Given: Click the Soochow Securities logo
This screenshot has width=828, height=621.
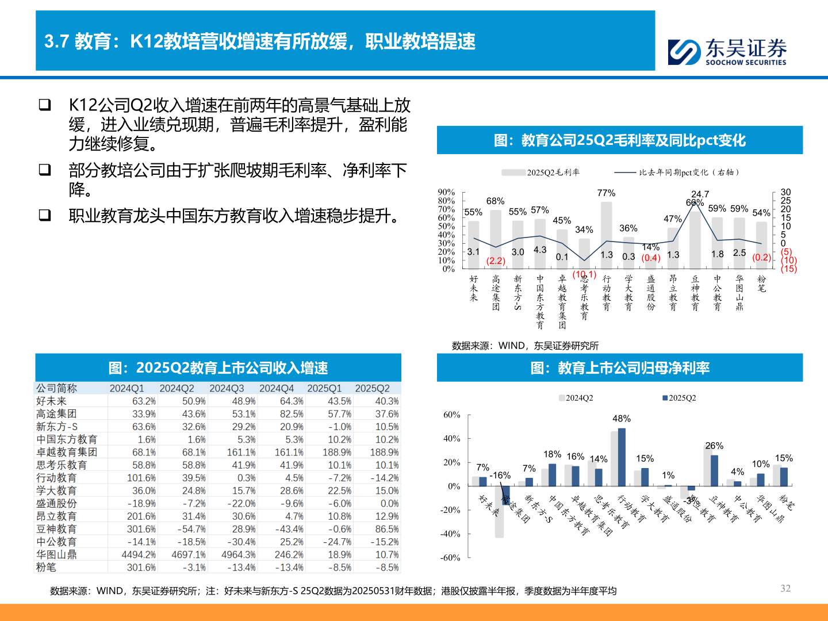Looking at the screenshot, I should tap(727, 51).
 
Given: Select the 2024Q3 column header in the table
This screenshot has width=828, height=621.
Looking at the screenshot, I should tap(227, 389).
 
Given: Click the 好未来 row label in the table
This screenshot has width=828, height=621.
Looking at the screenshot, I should tap(52, 401).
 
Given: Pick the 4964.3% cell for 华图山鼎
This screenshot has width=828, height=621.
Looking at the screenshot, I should tap(238, 555).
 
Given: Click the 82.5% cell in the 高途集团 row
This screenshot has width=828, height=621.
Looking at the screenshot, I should tap(292, 414).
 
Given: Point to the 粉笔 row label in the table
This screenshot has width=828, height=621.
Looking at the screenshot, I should tap(46, 568).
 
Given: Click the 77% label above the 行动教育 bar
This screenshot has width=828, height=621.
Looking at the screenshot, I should tap(606, 193).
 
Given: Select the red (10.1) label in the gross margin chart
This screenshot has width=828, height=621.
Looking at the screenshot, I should tap(584, 274).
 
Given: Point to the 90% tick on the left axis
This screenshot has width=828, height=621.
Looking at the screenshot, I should tap(446, 192).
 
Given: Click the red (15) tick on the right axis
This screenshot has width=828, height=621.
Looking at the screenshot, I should tap(789, 269).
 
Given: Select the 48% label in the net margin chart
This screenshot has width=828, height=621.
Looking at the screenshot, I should tap(622, 419).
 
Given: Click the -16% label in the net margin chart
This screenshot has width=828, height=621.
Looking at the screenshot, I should tap(500, 476).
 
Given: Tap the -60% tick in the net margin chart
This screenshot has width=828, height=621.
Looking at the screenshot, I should tap(451, 558).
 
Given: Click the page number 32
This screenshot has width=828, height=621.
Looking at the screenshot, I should tap(785, 588).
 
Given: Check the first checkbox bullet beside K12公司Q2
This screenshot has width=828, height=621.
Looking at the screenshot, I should tap(45, 105).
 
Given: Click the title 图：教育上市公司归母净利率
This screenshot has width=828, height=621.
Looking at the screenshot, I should tap(620, 368).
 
